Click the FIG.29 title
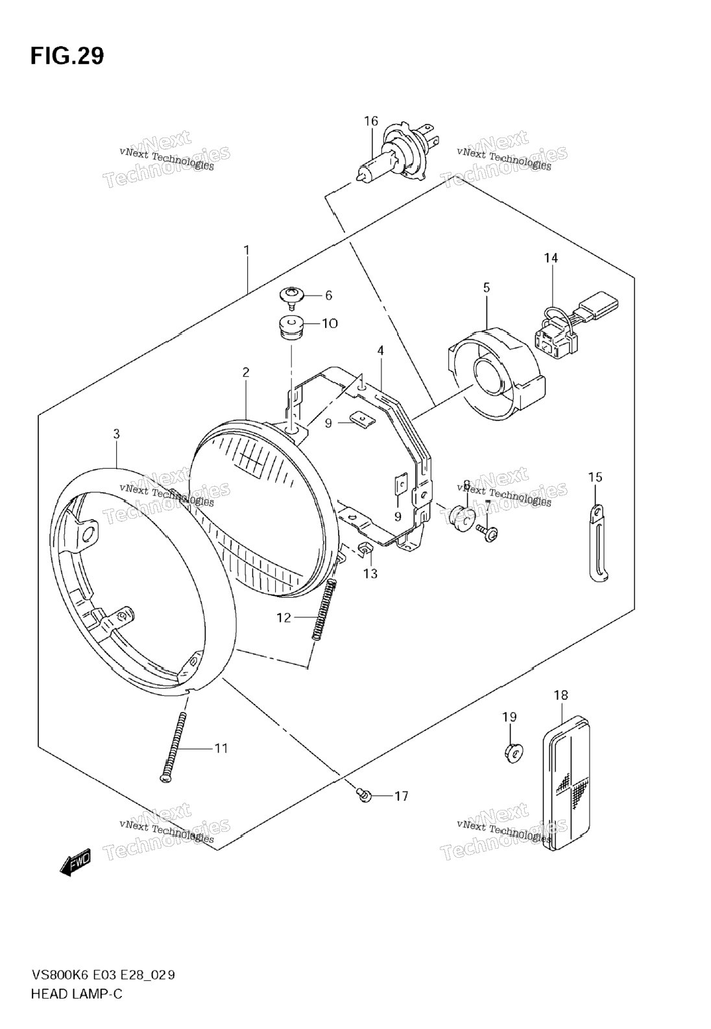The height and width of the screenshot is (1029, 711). pos(66,56)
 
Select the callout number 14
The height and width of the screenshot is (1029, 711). pos(551,258)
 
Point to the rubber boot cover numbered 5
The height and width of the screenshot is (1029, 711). pos(496,372)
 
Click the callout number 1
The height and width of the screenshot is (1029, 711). pos(247,250)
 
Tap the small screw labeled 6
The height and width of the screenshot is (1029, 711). pos(292,296)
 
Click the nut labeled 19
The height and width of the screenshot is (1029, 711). pos(511,752)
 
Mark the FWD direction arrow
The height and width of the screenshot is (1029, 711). pos(77,860)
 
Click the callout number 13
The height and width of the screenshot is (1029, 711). pos(370,573)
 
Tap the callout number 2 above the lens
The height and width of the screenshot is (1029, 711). pos(246,372)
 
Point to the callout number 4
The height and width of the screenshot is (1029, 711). pos(381,350)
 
